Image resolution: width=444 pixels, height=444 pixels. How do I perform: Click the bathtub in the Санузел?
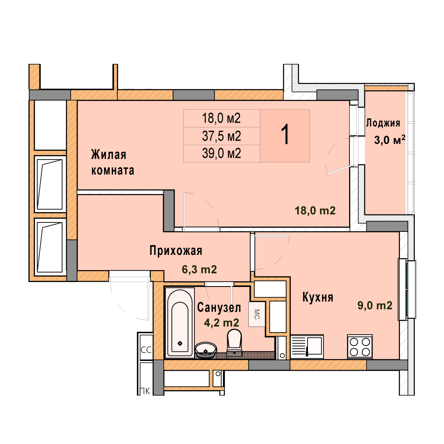[x=180, y=322]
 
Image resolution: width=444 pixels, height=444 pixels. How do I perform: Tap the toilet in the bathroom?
[x=234, y=341]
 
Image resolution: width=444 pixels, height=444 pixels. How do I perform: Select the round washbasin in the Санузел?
[x=206, y=350]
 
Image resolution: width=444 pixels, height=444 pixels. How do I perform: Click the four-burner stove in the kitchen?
[x=360, y=347]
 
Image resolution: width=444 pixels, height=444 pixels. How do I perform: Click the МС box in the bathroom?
[x=257, y=314]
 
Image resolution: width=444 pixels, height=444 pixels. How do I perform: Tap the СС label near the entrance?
[x=146, y=350]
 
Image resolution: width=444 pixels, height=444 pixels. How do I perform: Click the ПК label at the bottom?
[x=145, y=391]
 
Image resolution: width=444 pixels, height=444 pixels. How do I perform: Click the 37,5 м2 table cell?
[x=222, y=136]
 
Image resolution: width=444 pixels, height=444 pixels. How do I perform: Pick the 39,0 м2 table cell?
[x=222, y=153]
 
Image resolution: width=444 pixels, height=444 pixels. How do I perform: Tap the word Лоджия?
[x=383, y=123]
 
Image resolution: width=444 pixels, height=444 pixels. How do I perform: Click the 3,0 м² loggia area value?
[x=390, y=140]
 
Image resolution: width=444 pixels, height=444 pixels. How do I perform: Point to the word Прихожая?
[x=176, y=251]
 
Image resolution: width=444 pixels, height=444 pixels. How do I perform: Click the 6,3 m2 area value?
[x=199, y=269]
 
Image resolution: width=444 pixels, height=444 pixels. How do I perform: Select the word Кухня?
[x=318, y=297]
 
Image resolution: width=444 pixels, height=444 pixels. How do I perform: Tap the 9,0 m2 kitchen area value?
[x=375, y=305]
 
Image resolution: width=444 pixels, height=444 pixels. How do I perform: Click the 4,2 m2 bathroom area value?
[x=222, y=323]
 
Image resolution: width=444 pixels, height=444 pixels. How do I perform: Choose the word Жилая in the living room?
[x=109, y=155]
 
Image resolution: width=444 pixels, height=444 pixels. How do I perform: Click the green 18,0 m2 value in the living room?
[x=315, y=210]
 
